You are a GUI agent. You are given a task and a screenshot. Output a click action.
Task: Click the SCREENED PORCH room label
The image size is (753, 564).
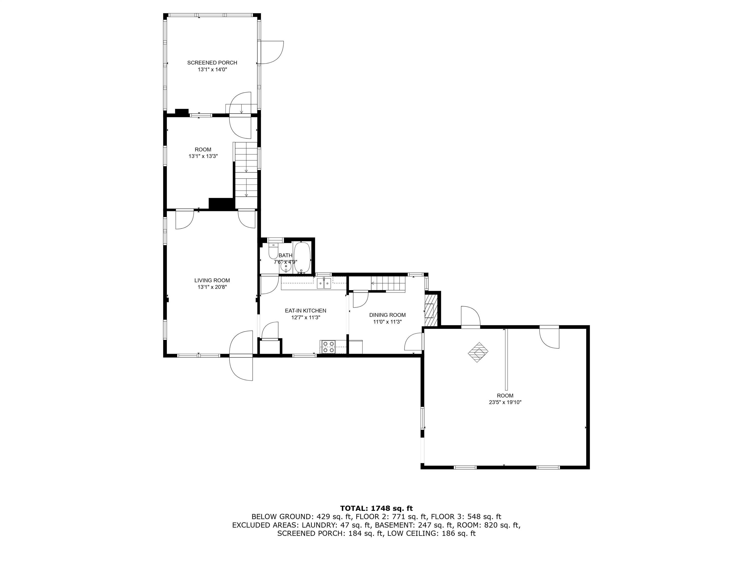tap(212, 63)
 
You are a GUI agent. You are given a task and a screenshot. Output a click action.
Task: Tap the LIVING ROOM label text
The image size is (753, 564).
tap(212, 281)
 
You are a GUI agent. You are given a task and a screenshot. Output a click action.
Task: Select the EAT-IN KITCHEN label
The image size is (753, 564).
tap(305, 311)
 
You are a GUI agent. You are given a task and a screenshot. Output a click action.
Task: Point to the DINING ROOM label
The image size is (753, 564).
tap(387, 315)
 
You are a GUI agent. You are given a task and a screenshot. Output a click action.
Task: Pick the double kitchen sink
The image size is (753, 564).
tap(324, 283)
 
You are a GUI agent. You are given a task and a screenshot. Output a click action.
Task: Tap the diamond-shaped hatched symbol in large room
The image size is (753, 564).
tap(477, 352)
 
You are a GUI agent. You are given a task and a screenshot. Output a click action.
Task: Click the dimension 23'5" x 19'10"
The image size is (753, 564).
tap(505, 402)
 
